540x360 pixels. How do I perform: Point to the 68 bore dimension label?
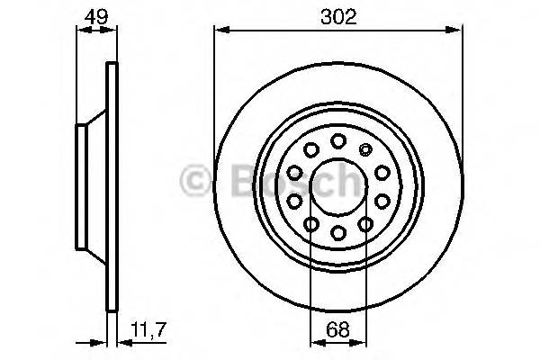[x=337, y=331]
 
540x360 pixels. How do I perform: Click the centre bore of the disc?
[x=338, y=187]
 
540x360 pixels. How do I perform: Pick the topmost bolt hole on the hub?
[x=338, y=140]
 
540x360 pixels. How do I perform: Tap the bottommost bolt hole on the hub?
[x=338, y=234]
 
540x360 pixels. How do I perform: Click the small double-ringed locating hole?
[x=365, y=149]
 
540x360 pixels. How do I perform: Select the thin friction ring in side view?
[x=112, y=189]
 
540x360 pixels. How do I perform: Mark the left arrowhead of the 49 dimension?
[x=80, y=31]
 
